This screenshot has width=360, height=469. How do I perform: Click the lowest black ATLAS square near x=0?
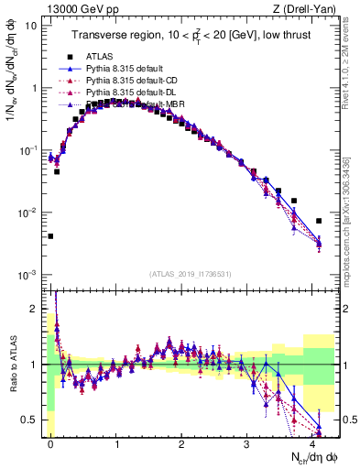50,236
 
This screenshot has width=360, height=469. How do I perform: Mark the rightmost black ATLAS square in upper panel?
319,221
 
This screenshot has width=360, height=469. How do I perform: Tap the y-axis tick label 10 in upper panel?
30,26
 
